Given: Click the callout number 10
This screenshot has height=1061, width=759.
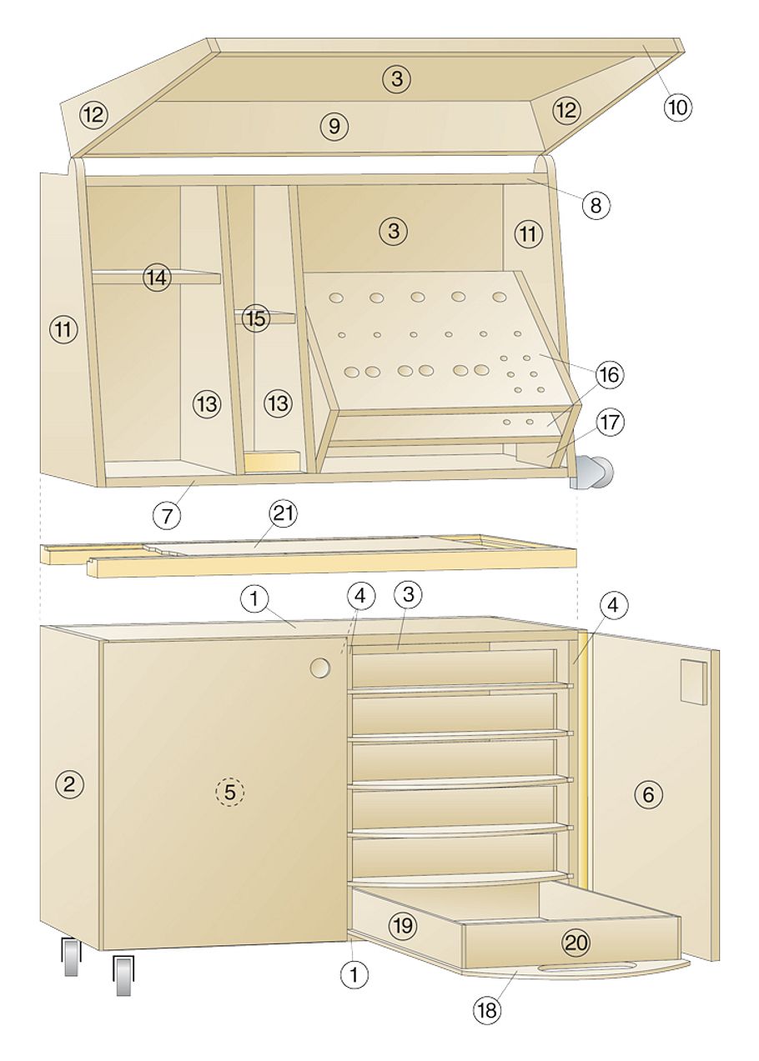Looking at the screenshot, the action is pos(677,108).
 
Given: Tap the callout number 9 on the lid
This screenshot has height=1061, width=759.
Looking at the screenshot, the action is pos(334,127).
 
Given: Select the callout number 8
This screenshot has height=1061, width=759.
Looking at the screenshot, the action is pos(596,205).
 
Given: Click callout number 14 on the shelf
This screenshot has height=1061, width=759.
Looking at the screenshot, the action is pos(157,278).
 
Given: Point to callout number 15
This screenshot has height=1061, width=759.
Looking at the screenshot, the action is pos(255,318).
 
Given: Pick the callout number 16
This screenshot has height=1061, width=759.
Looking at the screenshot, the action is pos(610,375).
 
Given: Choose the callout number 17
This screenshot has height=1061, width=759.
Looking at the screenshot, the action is pos(610,422).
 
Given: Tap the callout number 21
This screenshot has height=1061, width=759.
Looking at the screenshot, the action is pos(283,513).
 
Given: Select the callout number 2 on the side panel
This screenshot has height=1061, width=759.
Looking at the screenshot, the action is pos(70,784).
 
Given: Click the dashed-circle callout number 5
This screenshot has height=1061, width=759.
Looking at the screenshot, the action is pos(229,792).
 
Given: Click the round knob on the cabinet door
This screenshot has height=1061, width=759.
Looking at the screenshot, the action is pos(320,668).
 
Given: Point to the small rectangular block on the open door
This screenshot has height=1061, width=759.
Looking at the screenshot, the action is pos(694,681).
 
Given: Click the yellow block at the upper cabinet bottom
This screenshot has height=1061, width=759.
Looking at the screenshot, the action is pos(272,461).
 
